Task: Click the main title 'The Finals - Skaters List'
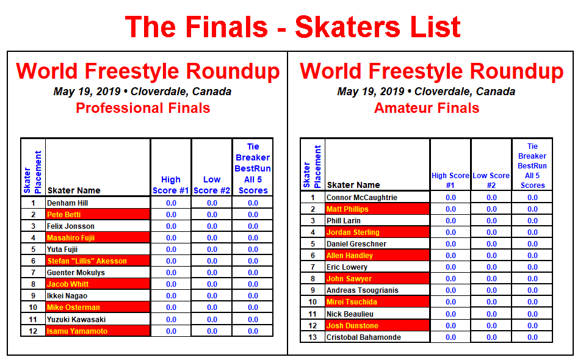pyautogui.click(x=292, y=27)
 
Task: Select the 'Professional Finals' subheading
pyautogui.click(x=143, y=108)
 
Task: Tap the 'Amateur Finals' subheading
pyautogui.click(x=427, y=108)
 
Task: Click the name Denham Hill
pyautogui.click(x=67, y=203)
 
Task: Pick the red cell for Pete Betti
pyautogui.click(x=98, y=214)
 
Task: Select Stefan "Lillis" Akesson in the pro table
pyautogui.click(x=87, y=261)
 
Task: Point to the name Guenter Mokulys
pyautogui.click(x=76, y=273)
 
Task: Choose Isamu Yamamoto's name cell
pyautogui.click(x=98, y=331)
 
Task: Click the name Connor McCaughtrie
pyautogui.click(x=362, y=198)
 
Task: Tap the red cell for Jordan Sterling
pyautogui.click(x=377, y=232)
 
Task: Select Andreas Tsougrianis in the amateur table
pyautogui.click(x=362, y=290)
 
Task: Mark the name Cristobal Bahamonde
pyautogui.click(x=364, y=337)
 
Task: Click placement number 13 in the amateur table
pyautogui.click(x=313, y=337)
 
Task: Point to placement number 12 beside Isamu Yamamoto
pyautogui.click(x=33, y=331)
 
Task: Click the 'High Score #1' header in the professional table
pyautogui.click(x=171, y=185)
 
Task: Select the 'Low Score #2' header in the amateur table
pyautogui.click(x=491, y=181)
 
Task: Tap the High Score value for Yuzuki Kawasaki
pyautogui.click(x=171, y=320)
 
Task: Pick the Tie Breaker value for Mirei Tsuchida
pyautogui.click(x=532, y=302)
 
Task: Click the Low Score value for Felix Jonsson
pyautogui.click(x=212, y=226)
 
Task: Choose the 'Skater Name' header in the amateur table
pyautogui.click(x=353, y=185)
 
